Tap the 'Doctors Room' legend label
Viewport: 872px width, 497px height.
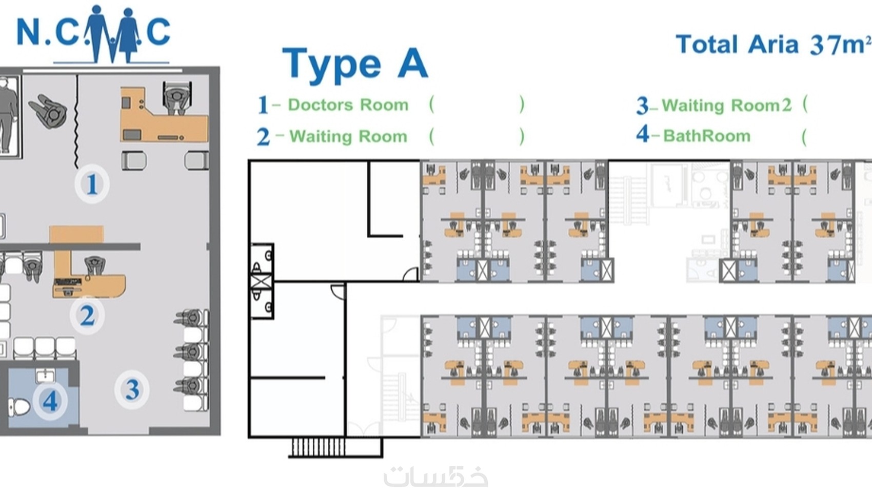click(348, 105)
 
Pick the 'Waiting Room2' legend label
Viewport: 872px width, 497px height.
click(727, 106)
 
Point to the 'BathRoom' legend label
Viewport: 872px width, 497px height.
click(706, 136)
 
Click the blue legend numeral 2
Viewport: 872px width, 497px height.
click(263, 137)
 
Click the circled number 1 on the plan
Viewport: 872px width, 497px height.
click(92, 183)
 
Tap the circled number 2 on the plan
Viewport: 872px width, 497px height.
click(87, 316)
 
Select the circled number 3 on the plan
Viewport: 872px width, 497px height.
click(132, 390)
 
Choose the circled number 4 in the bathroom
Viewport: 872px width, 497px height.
click(50, 401)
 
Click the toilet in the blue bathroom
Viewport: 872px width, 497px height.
click(18, 407)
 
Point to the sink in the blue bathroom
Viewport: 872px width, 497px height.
click(46, 376)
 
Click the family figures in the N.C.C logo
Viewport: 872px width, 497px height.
click(112, 34)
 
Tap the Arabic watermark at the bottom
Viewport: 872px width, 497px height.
click(435, 476)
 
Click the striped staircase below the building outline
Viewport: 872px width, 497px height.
click(318, 447)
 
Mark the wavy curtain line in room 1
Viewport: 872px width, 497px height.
click(77, 122)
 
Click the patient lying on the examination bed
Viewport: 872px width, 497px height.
click(7, 115)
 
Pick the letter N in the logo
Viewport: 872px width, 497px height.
click(28, 31)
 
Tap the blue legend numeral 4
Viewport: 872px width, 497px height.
click(643, 134)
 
